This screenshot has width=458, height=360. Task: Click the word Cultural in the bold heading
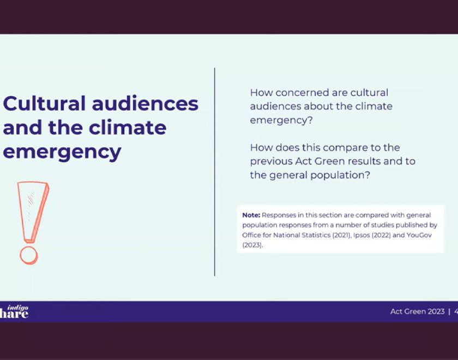[44, 103]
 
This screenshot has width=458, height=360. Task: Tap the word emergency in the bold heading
[62, 152]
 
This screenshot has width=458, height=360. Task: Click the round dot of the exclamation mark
[28, 255]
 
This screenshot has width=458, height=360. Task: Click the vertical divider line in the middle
[215, 172]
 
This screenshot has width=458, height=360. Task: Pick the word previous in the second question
[270, 161]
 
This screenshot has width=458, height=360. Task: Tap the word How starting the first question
[261, 93]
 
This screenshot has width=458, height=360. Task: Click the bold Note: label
[251, 215]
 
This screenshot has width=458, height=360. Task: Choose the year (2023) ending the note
[252, 245]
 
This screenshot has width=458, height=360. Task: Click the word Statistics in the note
[314, 235]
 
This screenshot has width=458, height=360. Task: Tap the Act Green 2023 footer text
[417, 311]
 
